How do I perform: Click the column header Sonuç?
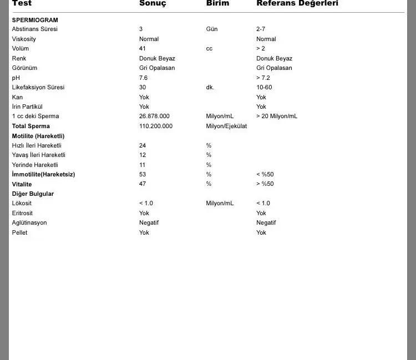click(x=153, y=3)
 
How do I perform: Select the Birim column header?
click(x=217, y=3)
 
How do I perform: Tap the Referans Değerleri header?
click(x=297, y=3)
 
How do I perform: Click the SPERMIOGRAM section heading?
click(x=35, y=20)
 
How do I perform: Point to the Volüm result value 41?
click(x=143, y=49)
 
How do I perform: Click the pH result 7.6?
click(x=144, y=78)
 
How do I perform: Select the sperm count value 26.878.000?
click(x=154, y=116)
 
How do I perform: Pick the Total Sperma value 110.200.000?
click(x=156, y=126)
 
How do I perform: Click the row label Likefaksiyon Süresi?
click(x=38, y=88)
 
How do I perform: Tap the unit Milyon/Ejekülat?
click(x=226, y=126)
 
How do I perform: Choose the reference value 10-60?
click(x=264, y=88)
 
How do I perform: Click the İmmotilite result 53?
click(x=143, y=175)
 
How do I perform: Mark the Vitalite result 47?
click(x=143, y=184)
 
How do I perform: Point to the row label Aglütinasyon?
click(x=29, y=223)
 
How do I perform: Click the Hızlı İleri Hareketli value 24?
click(x=143, y=146)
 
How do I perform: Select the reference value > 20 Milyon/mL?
click(x=277, y=116)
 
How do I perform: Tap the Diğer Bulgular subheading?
click(x=33, y=194)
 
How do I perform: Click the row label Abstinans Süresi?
click(x=34, y=29)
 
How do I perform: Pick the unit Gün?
click(x=212, y=29)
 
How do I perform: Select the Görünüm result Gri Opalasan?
click(x=157, y=68)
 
